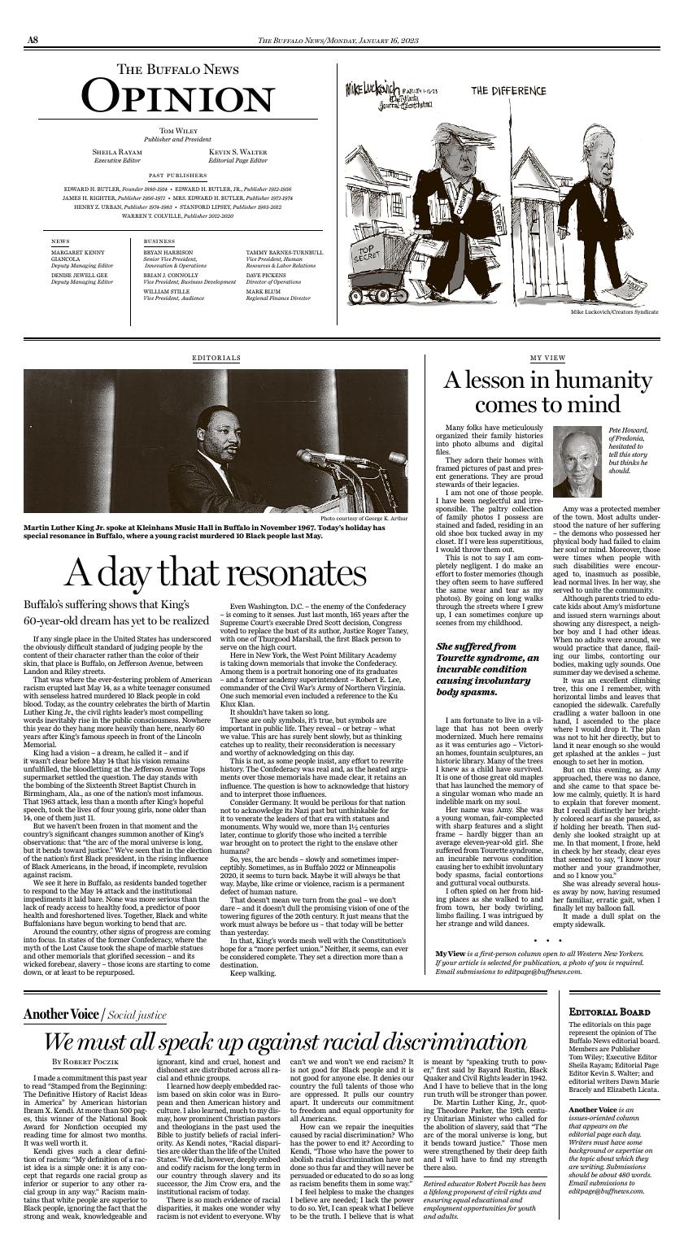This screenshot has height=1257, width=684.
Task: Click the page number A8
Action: pyautogui.click(x=33, y=41)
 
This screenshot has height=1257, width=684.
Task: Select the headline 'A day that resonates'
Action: pyautogui.click(x=215, y=572)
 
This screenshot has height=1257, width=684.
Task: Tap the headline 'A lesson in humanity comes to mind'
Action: pyautogui.click(x=547, y=392)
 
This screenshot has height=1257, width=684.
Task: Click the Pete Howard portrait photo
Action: pyautogui.click(x=577, y=461)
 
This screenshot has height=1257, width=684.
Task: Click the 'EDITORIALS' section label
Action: pyautogui.click(x=216, y=358)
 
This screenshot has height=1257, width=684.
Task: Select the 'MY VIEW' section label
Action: pyautogui.click(x=547, y=358)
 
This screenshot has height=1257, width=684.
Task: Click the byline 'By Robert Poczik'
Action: pyautogui.click(x=85, y=1062)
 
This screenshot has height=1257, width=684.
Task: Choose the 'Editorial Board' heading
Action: pyautogui.click(x=603, y=1011)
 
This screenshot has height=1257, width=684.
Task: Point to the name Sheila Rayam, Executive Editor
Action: pyautogui.click(x=117, y=152)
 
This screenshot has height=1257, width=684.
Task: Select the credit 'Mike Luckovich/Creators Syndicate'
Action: pyautogui.click(x=614, y=312)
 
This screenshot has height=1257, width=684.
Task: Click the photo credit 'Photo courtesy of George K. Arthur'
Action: pyautogui.click(x=364, y=518)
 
